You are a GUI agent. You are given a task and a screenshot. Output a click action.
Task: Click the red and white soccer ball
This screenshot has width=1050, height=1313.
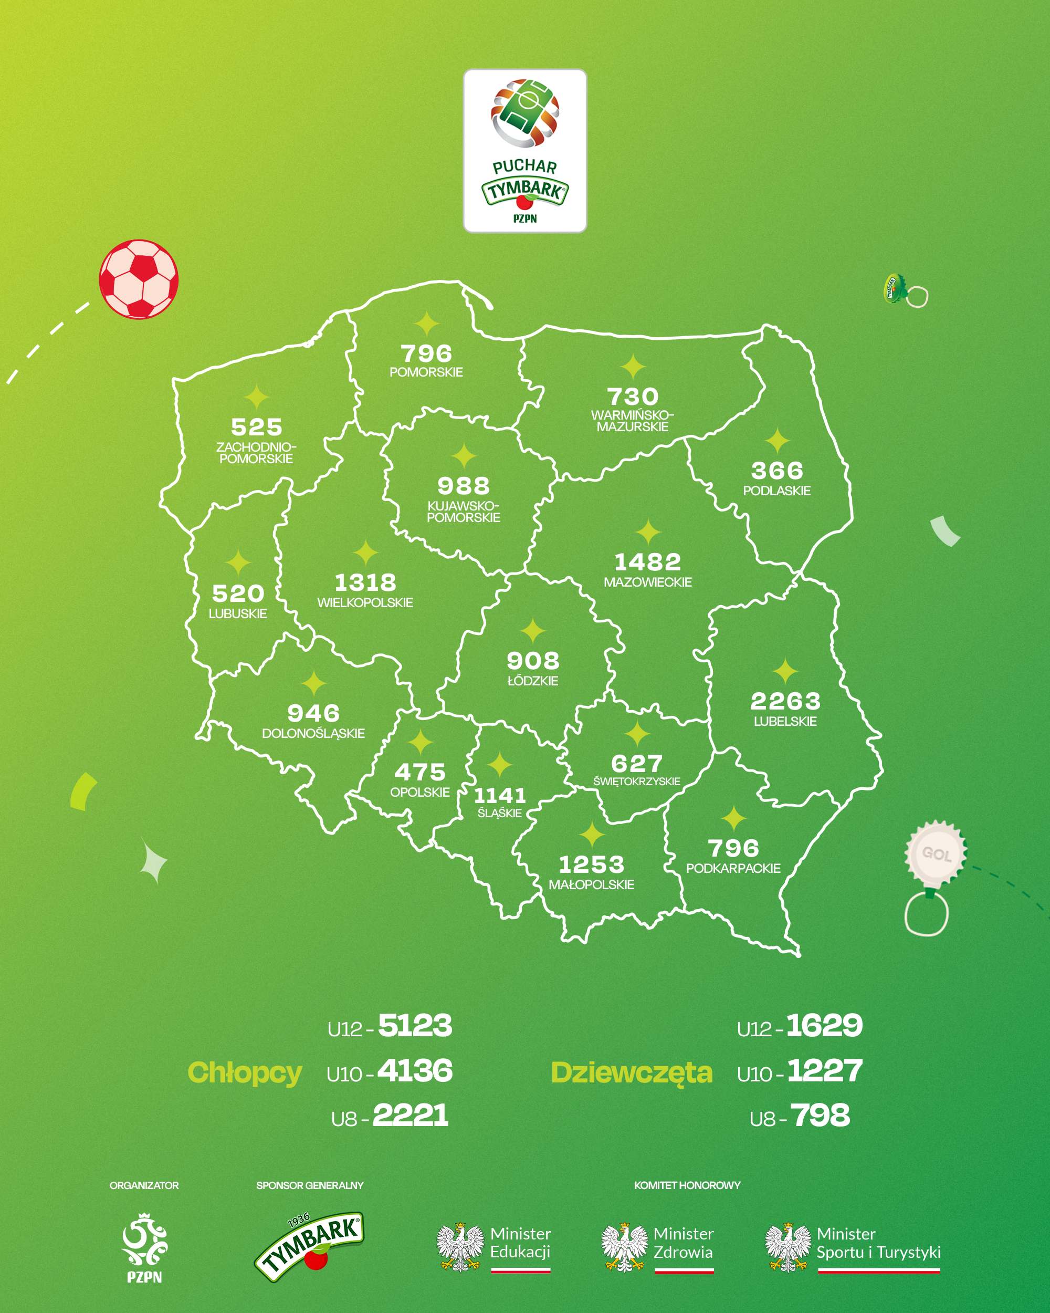(139, 279)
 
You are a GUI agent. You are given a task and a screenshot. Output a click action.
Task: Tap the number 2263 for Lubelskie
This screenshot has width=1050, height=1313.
(785, 701)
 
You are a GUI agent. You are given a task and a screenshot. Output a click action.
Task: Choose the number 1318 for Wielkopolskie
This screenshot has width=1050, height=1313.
(365, 583)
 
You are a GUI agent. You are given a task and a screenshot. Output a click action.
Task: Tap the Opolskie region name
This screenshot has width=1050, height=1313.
(420, 793)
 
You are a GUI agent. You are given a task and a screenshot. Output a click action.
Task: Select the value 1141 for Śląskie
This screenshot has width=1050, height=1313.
(500, 795)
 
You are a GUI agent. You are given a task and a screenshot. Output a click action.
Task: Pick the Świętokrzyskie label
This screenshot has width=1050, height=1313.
(637, 781)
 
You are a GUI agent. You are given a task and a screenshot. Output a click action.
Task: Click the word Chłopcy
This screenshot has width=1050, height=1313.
(245, 1072)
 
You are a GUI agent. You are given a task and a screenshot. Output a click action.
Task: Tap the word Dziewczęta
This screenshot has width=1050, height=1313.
(631, 1072)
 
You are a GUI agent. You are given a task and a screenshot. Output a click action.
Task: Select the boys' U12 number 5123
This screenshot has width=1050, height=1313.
(415, 1026)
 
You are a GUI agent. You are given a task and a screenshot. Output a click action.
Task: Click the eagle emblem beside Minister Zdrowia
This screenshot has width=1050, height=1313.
(624, 1246)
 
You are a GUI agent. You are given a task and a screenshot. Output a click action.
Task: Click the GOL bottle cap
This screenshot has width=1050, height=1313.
(936, 854)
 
